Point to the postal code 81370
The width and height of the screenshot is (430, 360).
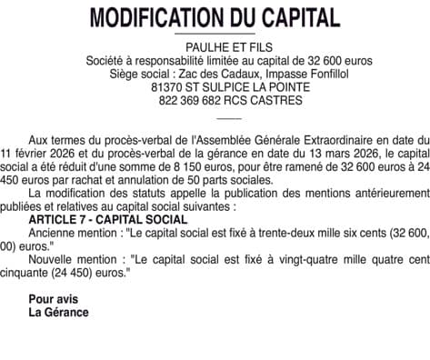170,88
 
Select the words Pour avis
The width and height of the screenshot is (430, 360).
54,298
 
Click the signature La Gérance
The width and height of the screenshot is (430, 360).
59,312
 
